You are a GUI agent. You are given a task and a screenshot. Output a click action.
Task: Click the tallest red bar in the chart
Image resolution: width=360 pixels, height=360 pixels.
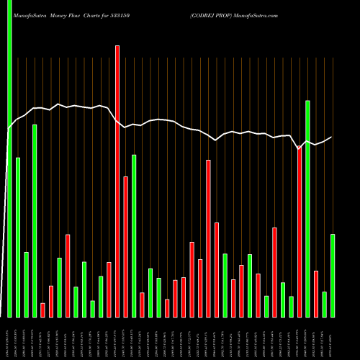117,180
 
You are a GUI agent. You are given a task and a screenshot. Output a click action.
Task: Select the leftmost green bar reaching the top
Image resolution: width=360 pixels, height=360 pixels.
9,158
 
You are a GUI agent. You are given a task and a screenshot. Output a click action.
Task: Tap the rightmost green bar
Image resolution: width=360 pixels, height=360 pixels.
333,275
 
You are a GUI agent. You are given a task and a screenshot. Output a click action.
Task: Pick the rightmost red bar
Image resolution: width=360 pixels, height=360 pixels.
316,294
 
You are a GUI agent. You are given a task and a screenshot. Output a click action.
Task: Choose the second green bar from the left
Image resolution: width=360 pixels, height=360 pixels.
18,238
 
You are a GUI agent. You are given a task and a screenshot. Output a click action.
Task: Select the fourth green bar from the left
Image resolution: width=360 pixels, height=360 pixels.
35,220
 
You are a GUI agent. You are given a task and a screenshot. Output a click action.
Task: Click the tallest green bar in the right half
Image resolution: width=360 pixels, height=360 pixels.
307,209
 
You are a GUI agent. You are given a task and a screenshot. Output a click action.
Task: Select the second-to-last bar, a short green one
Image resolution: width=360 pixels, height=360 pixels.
325,304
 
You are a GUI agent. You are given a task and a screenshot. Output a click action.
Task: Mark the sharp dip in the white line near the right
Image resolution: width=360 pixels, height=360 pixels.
300,149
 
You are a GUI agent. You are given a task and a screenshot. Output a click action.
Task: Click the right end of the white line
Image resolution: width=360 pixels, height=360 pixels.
332,137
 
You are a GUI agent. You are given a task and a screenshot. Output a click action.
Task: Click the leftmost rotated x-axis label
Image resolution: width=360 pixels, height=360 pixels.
9,338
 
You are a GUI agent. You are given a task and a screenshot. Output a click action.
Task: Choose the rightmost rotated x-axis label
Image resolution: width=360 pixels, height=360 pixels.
333,338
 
